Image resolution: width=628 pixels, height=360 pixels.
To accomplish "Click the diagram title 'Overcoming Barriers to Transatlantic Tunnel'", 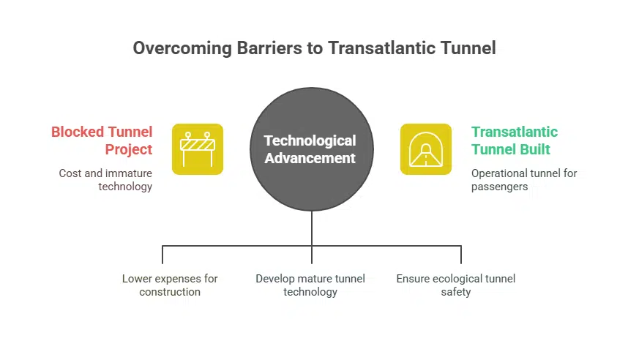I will (x=314, y=48).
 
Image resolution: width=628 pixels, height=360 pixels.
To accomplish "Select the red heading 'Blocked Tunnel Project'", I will (x=102, y=140).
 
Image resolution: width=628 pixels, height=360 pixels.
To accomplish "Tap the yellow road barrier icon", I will (x=197, y=149).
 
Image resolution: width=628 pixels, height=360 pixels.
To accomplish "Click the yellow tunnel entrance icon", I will (x=425, y=149).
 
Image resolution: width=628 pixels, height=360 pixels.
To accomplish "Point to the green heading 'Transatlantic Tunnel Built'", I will (x=515, y=140).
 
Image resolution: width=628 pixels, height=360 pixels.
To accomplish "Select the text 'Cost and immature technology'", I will (x=105, y=180).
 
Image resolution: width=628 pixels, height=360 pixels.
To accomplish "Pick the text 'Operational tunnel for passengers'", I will (x=524, y=180).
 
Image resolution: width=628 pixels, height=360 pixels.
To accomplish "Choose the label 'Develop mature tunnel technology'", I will (x=310, y=285).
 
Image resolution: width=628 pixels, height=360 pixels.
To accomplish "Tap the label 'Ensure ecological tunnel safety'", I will (x=456, y=285).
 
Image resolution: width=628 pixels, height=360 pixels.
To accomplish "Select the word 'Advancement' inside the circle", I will (x=310, y=157).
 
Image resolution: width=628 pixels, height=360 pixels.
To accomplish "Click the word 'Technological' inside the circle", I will (x=310, y=140).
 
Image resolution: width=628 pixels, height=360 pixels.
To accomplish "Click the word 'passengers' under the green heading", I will (x=500, y=187).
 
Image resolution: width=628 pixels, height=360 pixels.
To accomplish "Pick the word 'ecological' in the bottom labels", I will (x=456, y=279).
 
